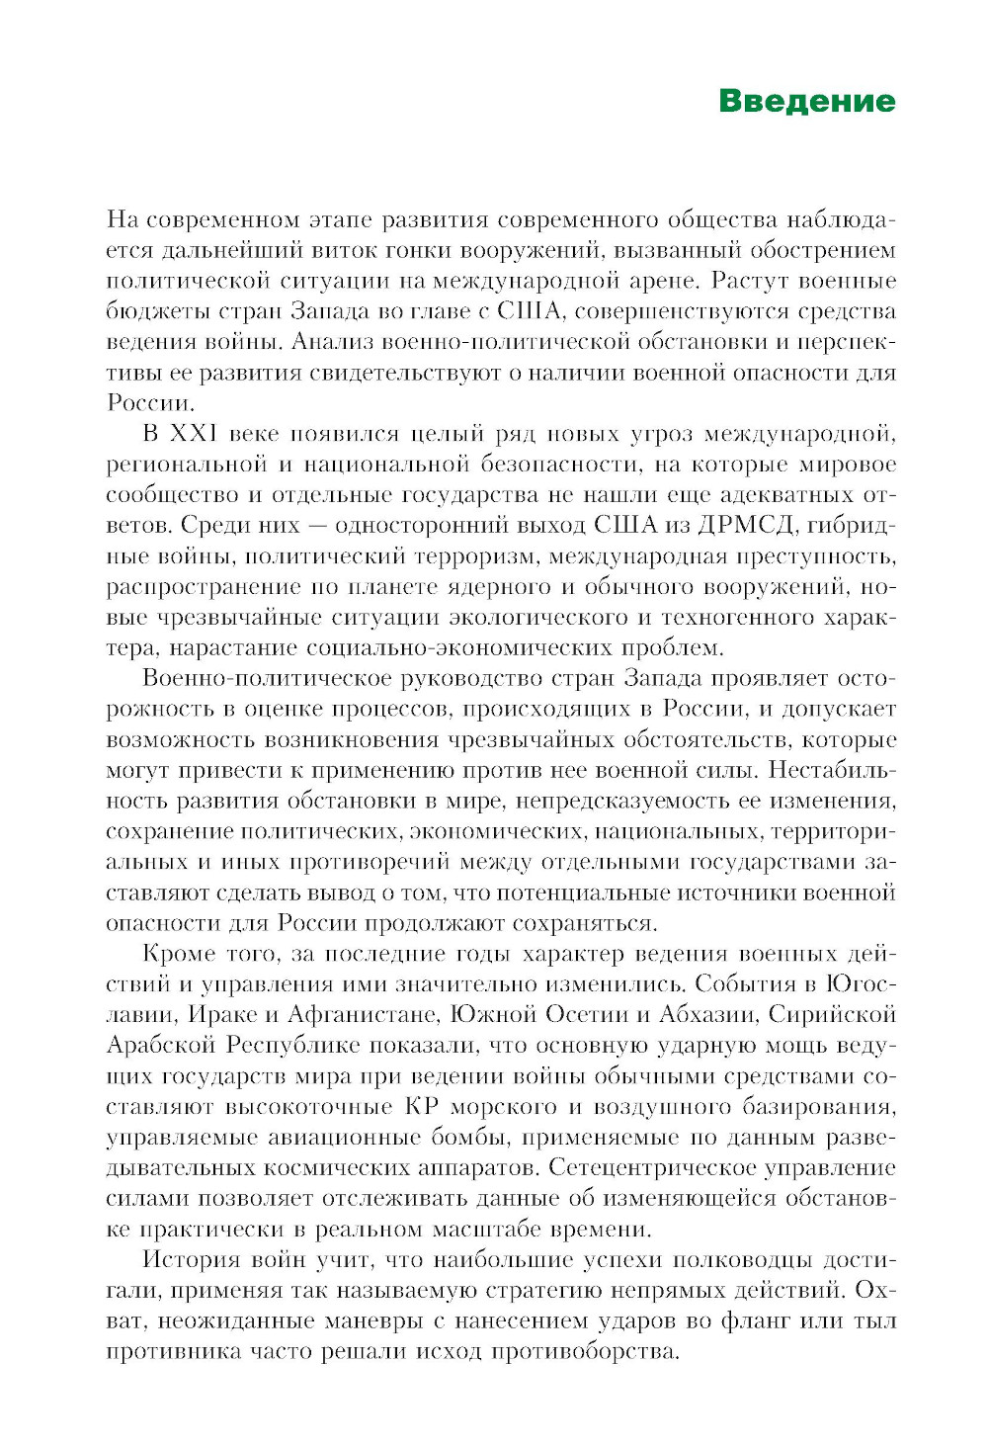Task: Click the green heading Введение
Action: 806,101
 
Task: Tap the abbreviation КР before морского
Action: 422,1107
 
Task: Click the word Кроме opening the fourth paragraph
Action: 179,954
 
